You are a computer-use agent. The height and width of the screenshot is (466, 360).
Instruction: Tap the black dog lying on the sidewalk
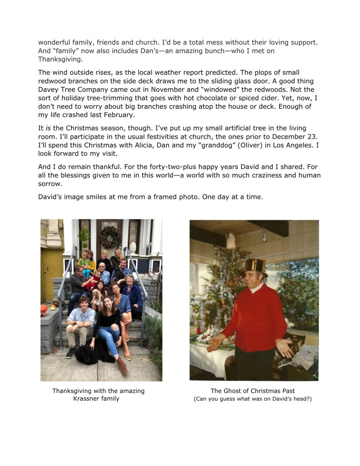[x=94, y=352]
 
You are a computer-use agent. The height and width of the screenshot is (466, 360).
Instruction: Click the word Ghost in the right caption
[x=233, y=391]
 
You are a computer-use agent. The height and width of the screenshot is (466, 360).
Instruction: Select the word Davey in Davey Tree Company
[x=49, y=90]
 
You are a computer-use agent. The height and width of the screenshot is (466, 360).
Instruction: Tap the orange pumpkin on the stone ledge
[x=44, y=309]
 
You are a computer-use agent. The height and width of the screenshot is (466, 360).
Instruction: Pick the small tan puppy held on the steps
[x=97, y=298]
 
